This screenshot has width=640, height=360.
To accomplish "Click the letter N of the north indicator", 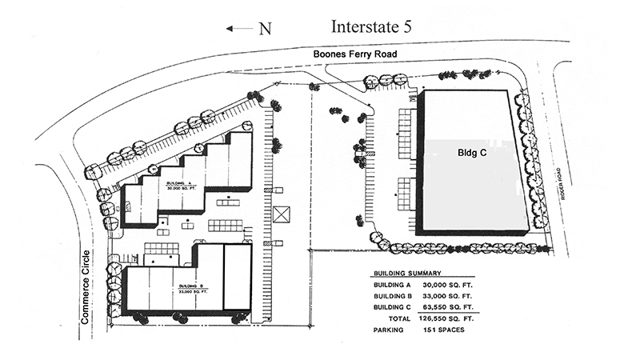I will point(265,28).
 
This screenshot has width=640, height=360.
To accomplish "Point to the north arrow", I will point(238,28).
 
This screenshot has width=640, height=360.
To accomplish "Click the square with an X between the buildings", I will point(282,215).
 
